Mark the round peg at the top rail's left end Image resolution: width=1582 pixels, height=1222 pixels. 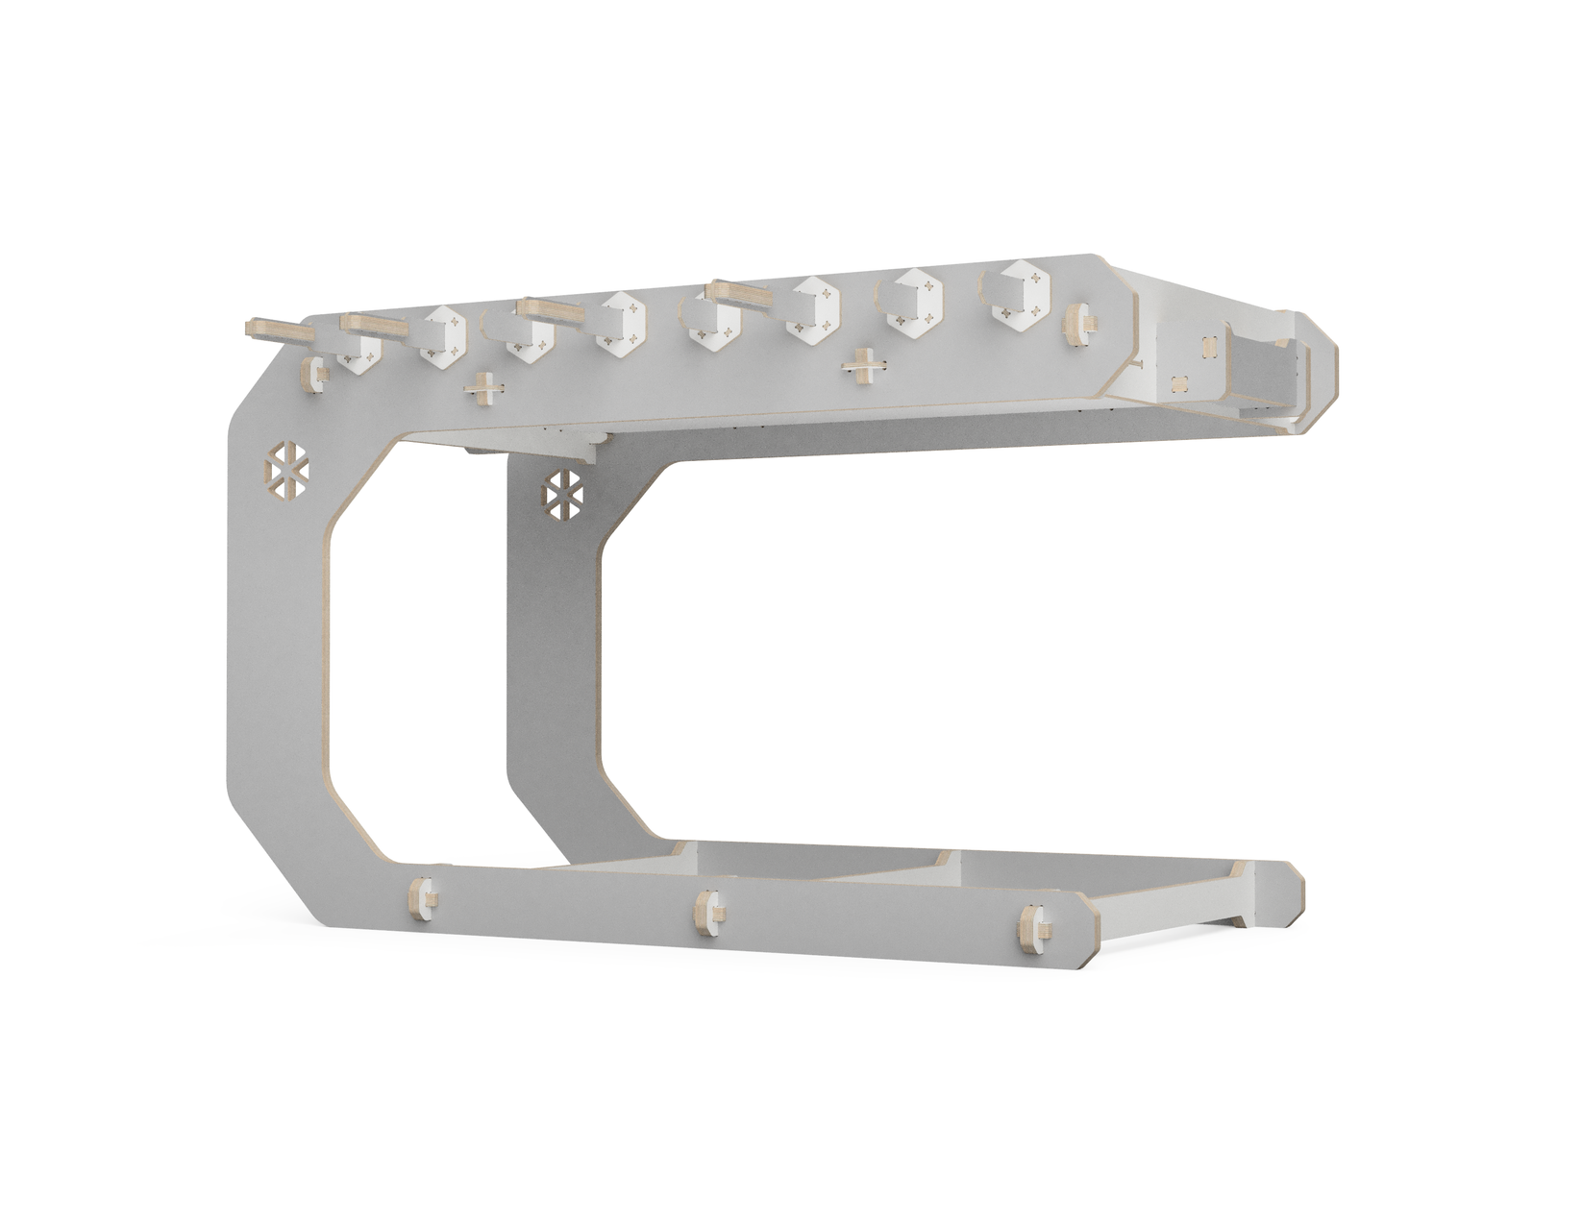click(x=314, y=374)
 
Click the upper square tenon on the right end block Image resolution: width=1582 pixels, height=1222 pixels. click(x=1208, y=344)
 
